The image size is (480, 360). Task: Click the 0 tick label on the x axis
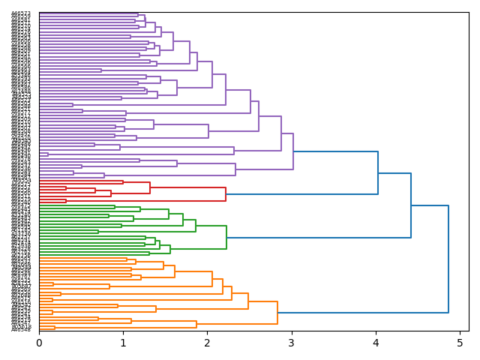39,343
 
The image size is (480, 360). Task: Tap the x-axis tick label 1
123,343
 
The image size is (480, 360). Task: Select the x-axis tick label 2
208,343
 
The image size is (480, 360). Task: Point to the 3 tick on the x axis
292,343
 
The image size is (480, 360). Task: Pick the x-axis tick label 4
376,343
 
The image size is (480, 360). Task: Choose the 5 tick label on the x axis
460,343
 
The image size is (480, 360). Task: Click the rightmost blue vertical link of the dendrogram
448,259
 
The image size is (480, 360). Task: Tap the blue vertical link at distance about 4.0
378,173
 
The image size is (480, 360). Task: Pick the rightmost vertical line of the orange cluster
277,313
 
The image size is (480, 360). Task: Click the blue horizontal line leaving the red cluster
300,194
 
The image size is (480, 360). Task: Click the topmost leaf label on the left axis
21,13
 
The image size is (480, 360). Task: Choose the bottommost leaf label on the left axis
21,329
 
